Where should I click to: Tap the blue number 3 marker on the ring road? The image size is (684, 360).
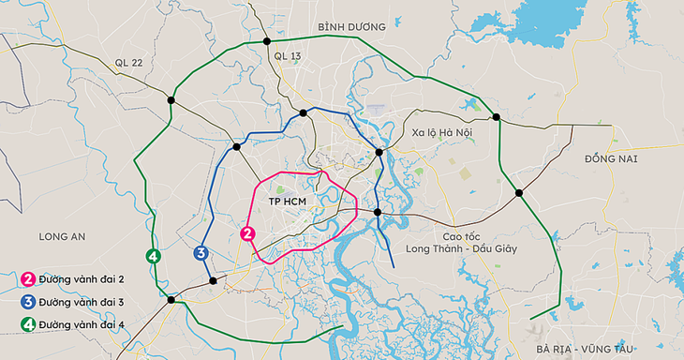pos(201,252)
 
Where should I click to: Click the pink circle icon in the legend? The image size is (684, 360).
pos(29,278)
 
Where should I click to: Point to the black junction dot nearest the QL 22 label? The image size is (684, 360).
pos(171,99)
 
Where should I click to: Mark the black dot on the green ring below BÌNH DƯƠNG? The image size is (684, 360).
pos(267,41)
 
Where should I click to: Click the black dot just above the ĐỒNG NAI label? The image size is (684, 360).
pos(497,117)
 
